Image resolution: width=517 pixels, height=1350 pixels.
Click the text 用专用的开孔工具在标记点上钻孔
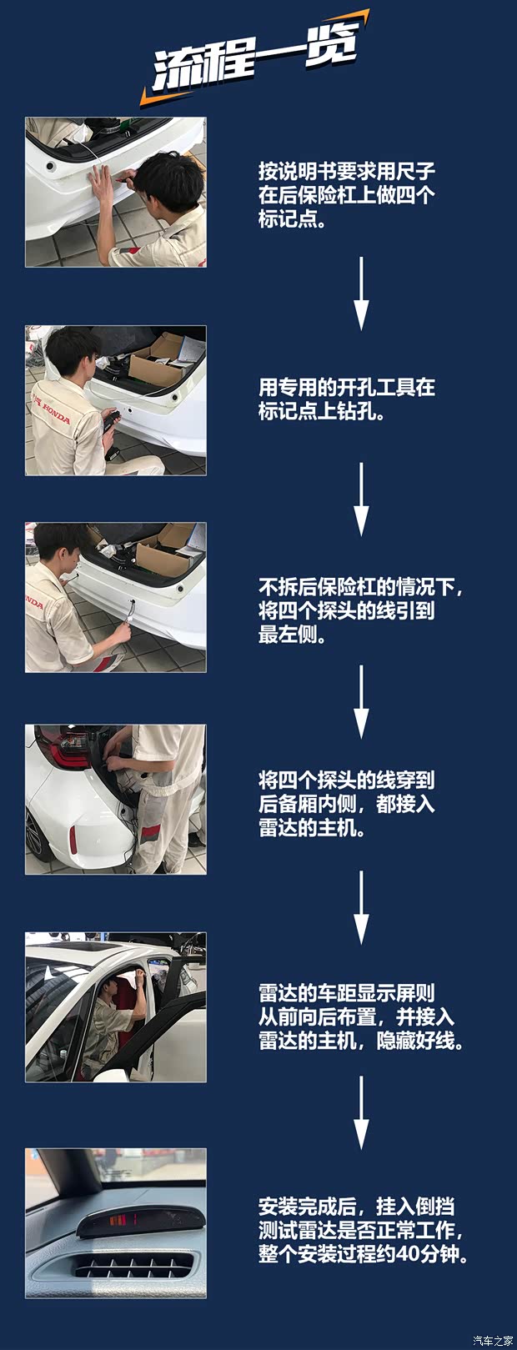(346, 399)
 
